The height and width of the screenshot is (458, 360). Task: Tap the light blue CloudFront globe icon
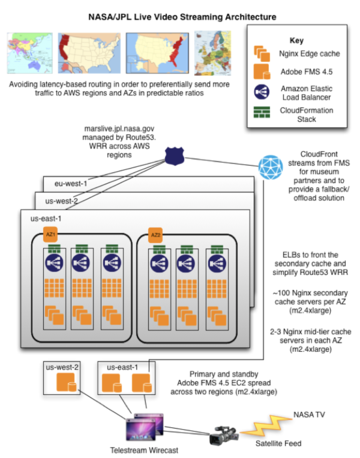pyautogui.click(x=271, y=167)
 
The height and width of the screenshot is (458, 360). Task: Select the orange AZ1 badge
pyautogui.click(x=51, y=235)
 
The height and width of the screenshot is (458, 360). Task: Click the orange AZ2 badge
pyautogui.click(x=156, y=235)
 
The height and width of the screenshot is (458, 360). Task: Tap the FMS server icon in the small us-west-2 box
pyautogui.click(x=65, y=383)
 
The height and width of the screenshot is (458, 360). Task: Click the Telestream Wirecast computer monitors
pyautogui.click(x=142, y=429)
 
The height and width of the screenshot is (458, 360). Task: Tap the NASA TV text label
pyautogui.click(x=310, y=414)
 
